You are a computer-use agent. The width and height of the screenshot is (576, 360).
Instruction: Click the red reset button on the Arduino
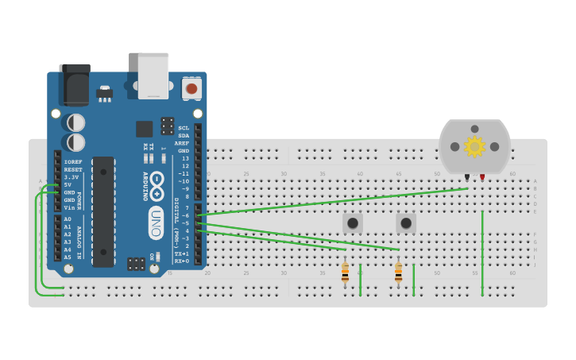[x=191, y=88]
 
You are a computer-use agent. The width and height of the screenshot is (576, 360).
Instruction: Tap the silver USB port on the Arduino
[x=153, y=75]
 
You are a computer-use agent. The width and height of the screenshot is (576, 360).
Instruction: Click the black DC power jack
[x=75, y=83]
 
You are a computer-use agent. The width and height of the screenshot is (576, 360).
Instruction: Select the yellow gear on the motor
[x=474, y=146]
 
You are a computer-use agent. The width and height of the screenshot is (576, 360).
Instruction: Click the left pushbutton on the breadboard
[x=352, y=223]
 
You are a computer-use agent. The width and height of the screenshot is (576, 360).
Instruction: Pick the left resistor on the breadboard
[x=345, y=273]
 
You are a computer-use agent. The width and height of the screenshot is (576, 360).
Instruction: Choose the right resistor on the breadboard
[x=398, y=273]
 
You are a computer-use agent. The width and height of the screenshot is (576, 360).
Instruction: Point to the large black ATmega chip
[x=103, y=211]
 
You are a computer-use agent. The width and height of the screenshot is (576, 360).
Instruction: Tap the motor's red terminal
[x=482, y=176]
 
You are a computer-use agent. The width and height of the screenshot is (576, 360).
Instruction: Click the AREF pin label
[x=183, y=143]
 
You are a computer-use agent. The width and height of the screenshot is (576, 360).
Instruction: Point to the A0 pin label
[x=68, y=219]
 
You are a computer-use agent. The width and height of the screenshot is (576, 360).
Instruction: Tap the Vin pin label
[x=69, y=207]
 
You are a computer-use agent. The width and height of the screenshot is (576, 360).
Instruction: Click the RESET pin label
[x=73, y=169]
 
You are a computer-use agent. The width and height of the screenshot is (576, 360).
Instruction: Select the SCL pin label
[x=184, y=128]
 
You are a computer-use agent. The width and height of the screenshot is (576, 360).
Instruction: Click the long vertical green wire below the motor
[x=482, y=254]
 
